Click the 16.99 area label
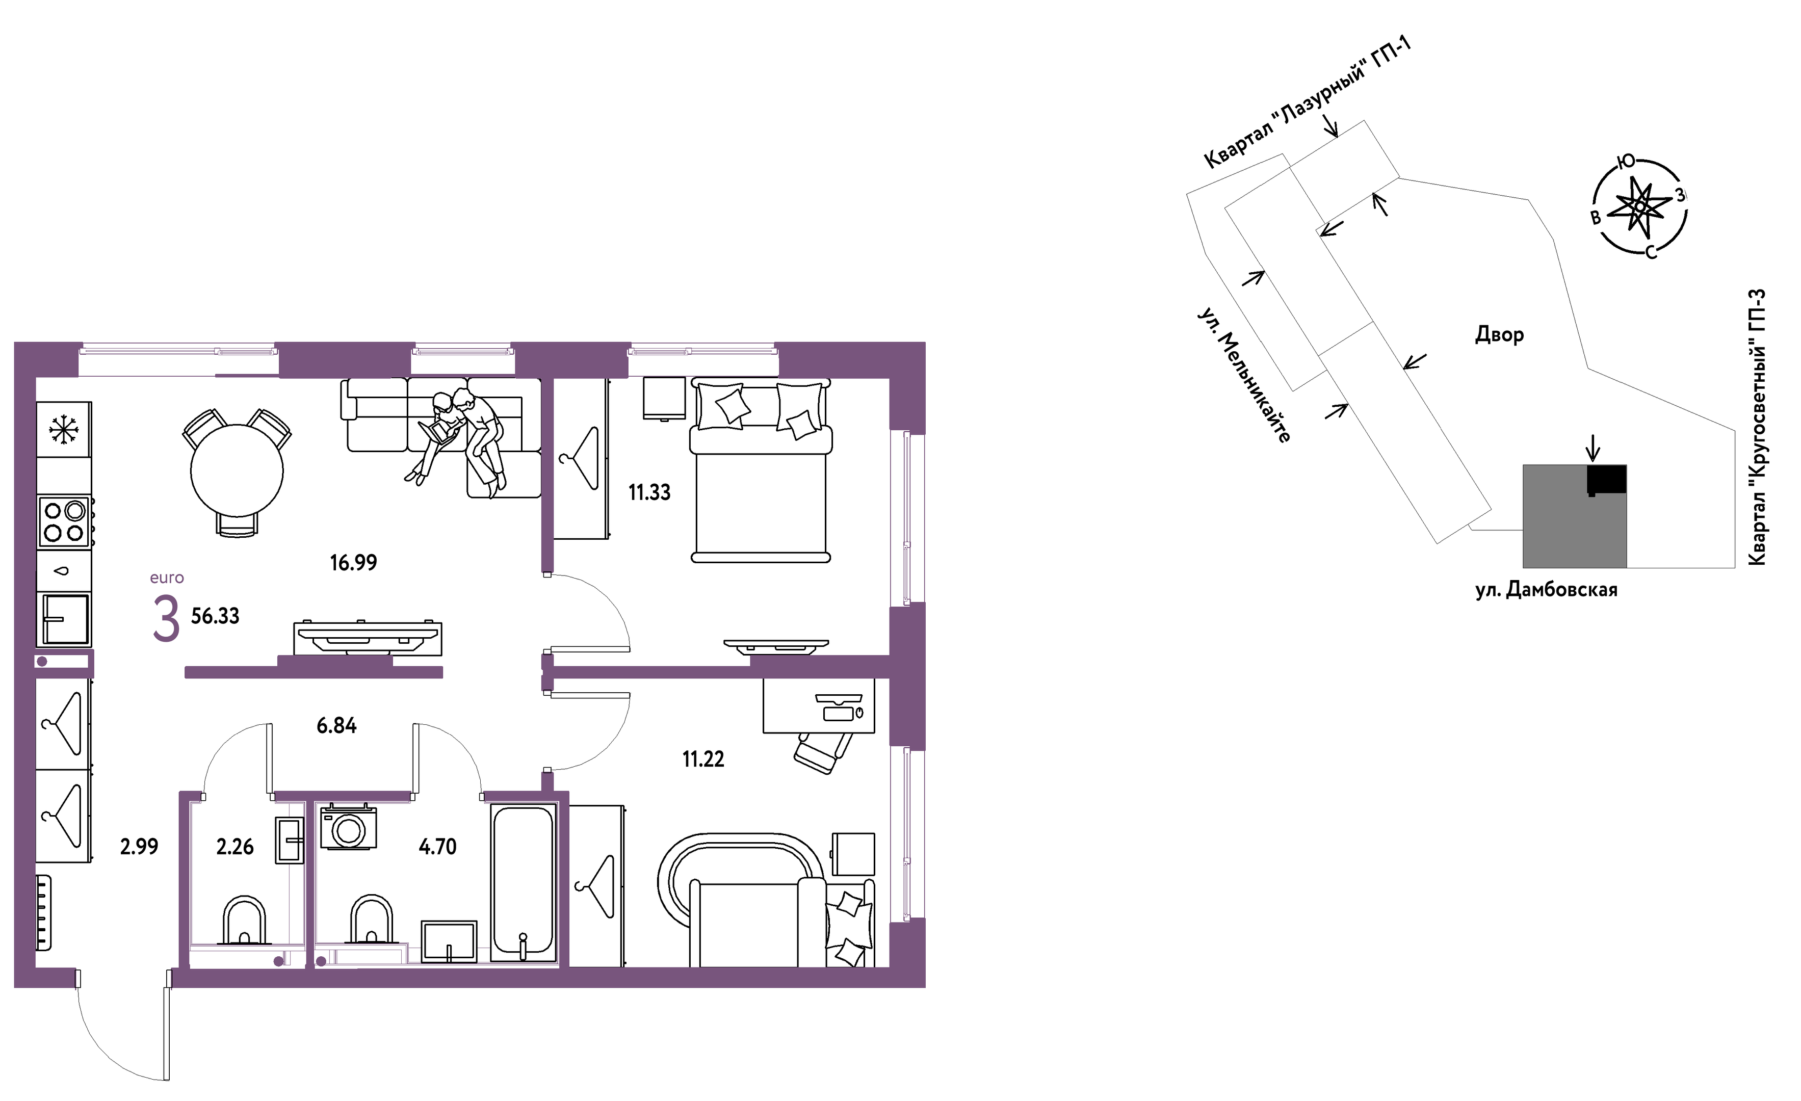(353, 563)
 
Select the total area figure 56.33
(215, 616)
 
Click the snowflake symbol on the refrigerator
(64, 430)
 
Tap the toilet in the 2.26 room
(243, 921)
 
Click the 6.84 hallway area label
(336, 726)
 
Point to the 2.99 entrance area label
(139, 847)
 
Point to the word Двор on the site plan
(1499, 335)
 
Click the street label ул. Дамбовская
(1546, 590)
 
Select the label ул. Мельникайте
(1244, 375)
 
